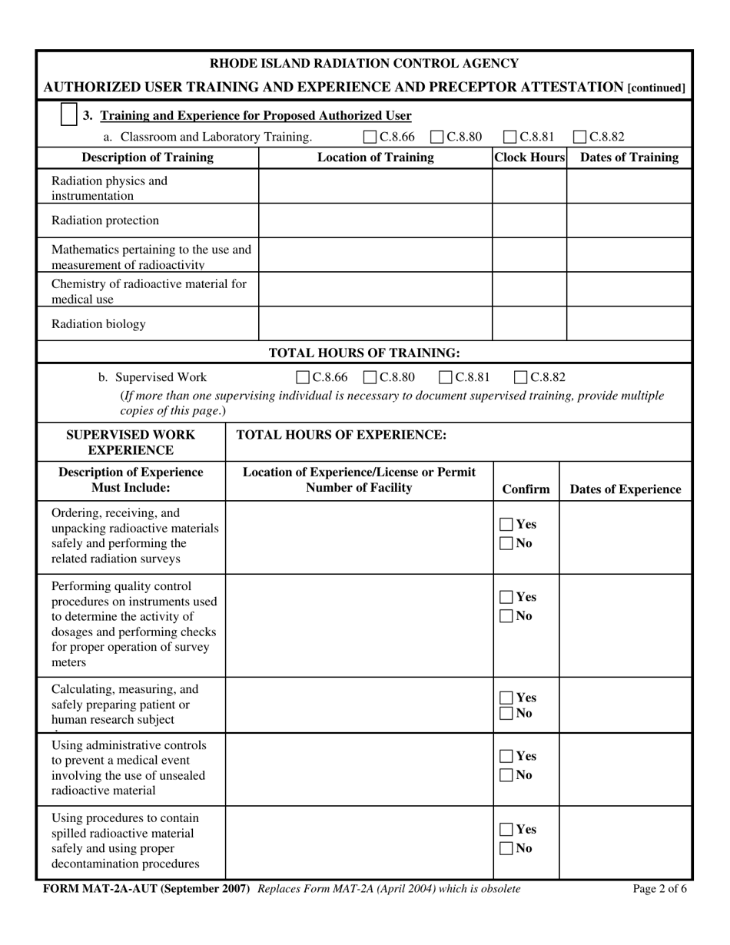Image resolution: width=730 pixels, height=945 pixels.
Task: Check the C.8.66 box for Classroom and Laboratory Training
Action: pyautogui.click(x=370, y=138)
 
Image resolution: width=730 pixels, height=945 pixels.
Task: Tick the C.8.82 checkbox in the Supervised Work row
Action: pyautogui.click(x=520, y=377)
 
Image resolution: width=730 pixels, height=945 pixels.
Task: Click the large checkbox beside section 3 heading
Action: pyautogui.click(x=68, y=115)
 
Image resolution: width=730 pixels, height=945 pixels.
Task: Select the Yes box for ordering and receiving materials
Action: pyautogui.click(x=506, y=525)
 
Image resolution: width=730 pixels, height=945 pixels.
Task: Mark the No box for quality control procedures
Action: pyautogui.click(x=506, y=616)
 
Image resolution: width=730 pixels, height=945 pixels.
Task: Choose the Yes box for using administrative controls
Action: pyautogui.click(x=506, y=756)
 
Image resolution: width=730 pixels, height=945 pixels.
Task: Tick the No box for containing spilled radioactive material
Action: pyautogui.click(x=506, y=849)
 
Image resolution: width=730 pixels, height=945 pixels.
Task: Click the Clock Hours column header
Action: pyautogui.click(x=529, y=157)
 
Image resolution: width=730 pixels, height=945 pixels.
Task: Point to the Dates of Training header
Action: pyautogui.click(x=629, y=157)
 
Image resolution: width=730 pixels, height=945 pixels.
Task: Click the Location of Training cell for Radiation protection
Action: pyautogui.click(x=375, y=220)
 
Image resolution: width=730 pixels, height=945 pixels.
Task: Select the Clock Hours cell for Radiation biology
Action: pyautogui.click(x=529, y=324)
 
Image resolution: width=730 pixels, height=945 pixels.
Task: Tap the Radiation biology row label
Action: pyautogui.click(x=98, y=324)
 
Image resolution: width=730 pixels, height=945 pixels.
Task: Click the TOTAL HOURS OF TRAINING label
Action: pyautogui.click(x=364, y=353)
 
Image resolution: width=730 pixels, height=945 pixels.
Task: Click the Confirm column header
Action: pyautogui.click(x=526, y=489)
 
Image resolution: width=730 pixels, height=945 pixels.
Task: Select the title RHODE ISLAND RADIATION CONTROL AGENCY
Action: pyautogui.click(x=364, y=63)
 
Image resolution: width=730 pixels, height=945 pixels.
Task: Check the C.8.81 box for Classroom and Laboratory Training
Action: pyautogui.click(x=510, y=138)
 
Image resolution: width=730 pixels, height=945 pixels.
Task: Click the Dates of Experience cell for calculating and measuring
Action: pyautogui.click(x=625, y=705)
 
